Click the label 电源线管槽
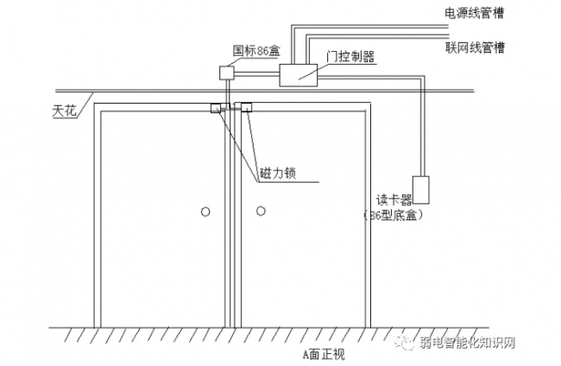click(474, 13)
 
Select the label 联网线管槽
click(474, 46)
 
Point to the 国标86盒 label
click(257, 51)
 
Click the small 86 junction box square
click(227, 73)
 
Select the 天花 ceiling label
click(64, 110)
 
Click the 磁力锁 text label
click(277, 174)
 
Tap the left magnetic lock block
click(216, 108)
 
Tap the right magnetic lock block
click(244, 108)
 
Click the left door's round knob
click(205, 210)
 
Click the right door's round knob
click(257, 210)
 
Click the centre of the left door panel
click(161, 220)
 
